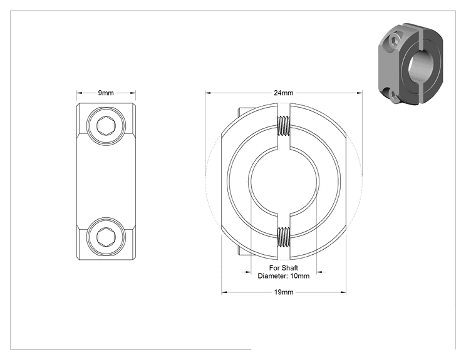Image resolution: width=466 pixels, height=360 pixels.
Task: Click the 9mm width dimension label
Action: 106,93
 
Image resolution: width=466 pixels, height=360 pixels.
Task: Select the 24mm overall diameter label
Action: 284,93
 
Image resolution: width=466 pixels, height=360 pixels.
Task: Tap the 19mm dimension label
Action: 284,292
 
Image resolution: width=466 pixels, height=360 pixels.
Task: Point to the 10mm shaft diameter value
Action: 300,276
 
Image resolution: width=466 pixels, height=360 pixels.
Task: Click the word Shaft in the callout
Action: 290,268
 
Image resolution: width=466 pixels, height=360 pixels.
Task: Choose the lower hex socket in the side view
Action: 106,237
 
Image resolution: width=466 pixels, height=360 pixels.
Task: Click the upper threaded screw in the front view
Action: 284,125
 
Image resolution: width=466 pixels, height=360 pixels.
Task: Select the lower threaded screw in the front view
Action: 284,237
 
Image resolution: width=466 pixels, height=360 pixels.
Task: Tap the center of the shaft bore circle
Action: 284,181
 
